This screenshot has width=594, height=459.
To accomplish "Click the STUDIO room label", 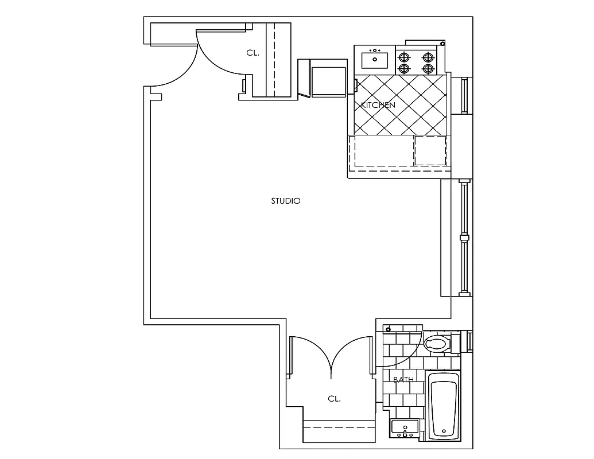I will (285, 201).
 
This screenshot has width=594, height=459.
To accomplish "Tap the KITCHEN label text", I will (378, 106).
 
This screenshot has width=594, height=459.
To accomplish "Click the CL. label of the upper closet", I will (253, 53).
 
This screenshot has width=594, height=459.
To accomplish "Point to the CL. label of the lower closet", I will (334, 399).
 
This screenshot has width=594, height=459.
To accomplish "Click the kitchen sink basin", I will (375, 59).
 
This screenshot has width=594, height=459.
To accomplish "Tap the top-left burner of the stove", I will (405, 57).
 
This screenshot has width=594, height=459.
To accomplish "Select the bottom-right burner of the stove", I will (427, 69).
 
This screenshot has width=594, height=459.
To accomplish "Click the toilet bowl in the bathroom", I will (436, 344).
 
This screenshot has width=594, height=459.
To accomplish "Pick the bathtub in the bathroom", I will (444, 406).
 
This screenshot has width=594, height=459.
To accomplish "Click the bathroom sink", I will (405, 427).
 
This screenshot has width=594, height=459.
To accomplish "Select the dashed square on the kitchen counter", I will (430, 151).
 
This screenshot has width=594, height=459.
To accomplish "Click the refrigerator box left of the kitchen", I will (328, 79).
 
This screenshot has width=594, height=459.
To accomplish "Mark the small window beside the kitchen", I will (464, 95).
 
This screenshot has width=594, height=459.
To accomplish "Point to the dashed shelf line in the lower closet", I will (339, 428).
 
